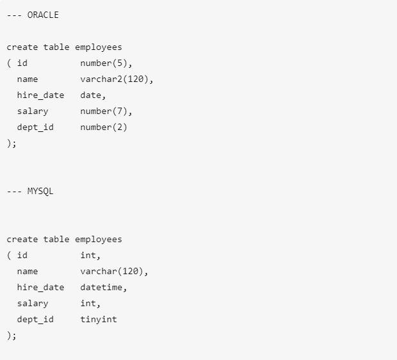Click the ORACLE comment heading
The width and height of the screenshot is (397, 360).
coord(33,15)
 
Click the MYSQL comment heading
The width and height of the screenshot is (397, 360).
coord(30,192)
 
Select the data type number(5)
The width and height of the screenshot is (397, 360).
coord(106,63)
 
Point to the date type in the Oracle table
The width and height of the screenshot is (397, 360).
coord(93,95)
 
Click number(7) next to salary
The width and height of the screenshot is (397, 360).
coord(106,111)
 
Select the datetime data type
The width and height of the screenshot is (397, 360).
coord(103,288)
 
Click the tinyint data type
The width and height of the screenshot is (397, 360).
coord(99,319)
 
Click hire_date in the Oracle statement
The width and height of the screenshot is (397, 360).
coord(40,95)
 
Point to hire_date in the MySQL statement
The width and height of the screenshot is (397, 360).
coord(40,288)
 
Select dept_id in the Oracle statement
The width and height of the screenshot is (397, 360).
coord(35,127)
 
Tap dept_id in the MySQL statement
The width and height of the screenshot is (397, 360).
coord(35,319)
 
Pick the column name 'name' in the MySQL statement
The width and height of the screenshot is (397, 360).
coord(28,272)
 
